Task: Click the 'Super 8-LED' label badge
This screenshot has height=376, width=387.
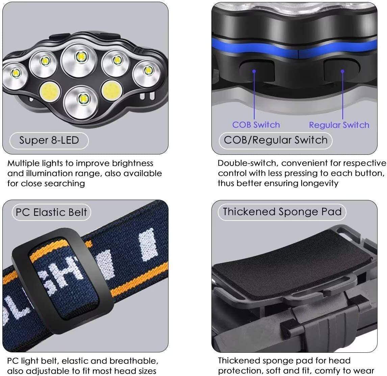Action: point(49,140)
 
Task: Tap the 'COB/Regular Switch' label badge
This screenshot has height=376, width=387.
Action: point(276,140)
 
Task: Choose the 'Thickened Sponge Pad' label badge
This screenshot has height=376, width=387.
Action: point(282,212)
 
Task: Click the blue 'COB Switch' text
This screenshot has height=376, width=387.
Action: point(256,125)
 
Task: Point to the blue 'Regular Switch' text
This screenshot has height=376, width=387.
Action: point(339,125)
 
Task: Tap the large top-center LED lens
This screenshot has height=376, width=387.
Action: point(80,57)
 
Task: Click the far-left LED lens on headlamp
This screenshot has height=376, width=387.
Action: point(16,73)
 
